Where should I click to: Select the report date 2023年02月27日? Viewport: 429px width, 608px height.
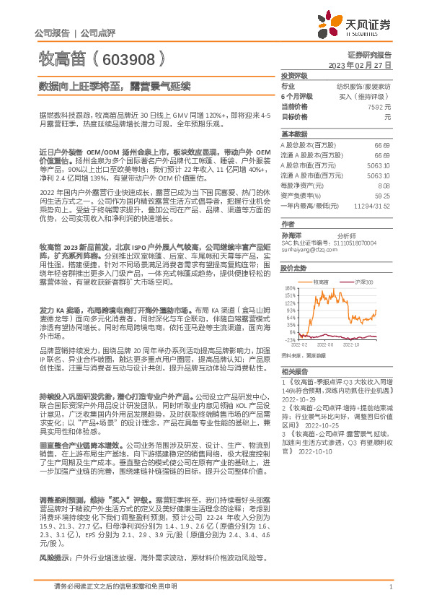click(x=360, y=64)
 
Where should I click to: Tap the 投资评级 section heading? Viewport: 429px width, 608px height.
click(x=293, y=75)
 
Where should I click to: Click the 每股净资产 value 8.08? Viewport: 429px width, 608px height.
click(x=384, y=185)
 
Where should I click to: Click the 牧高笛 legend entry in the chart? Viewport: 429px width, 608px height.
click(x=322, y=282)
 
